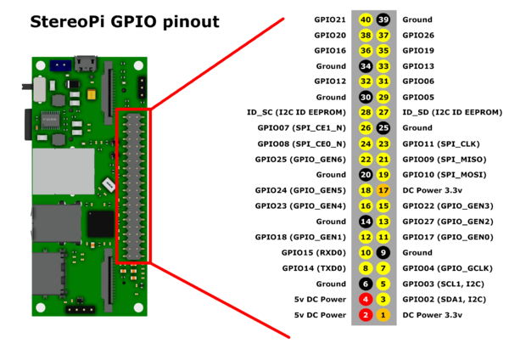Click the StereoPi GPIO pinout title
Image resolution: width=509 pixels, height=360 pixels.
pyautogui.click(x=125, y=21)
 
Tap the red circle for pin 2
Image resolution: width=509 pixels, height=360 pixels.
pyautogui.click(x=366, y=315)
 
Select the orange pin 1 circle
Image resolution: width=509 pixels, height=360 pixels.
pyautogui.click(x=383, y=315)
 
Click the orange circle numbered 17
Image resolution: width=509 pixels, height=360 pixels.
pyautogui.click(x=383, y=190)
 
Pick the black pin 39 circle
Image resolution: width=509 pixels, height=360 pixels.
pyautogui.click(x=383, y=20)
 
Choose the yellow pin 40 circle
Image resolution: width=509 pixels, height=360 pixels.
pyautogui.click(x=366, y=20)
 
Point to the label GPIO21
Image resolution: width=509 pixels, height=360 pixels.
pyautogui.click(x=329, y=20)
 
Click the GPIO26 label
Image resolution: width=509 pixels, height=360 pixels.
pyautogui.click(x=418, y=35)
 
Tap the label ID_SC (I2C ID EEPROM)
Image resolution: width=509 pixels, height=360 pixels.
pyautogui.click(x=296, y=112)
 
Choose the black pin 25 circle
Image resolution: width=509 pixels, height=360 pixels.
pyautogui.click(x=383, y=128)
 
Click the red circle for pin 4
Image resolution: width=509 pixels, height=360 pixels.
pyautogui.click(x=366, y=299)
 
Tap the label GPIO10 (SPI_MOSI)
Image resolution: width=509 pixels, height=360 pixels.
pyautogui.click(x=441, y=175)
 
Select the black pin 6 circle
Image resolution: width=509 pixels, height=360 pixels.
pyautogui.click(x=366, y=284)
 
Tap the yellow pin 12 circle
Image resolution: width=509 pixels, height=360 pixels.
pyautogui.click(x=366, y=237)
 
